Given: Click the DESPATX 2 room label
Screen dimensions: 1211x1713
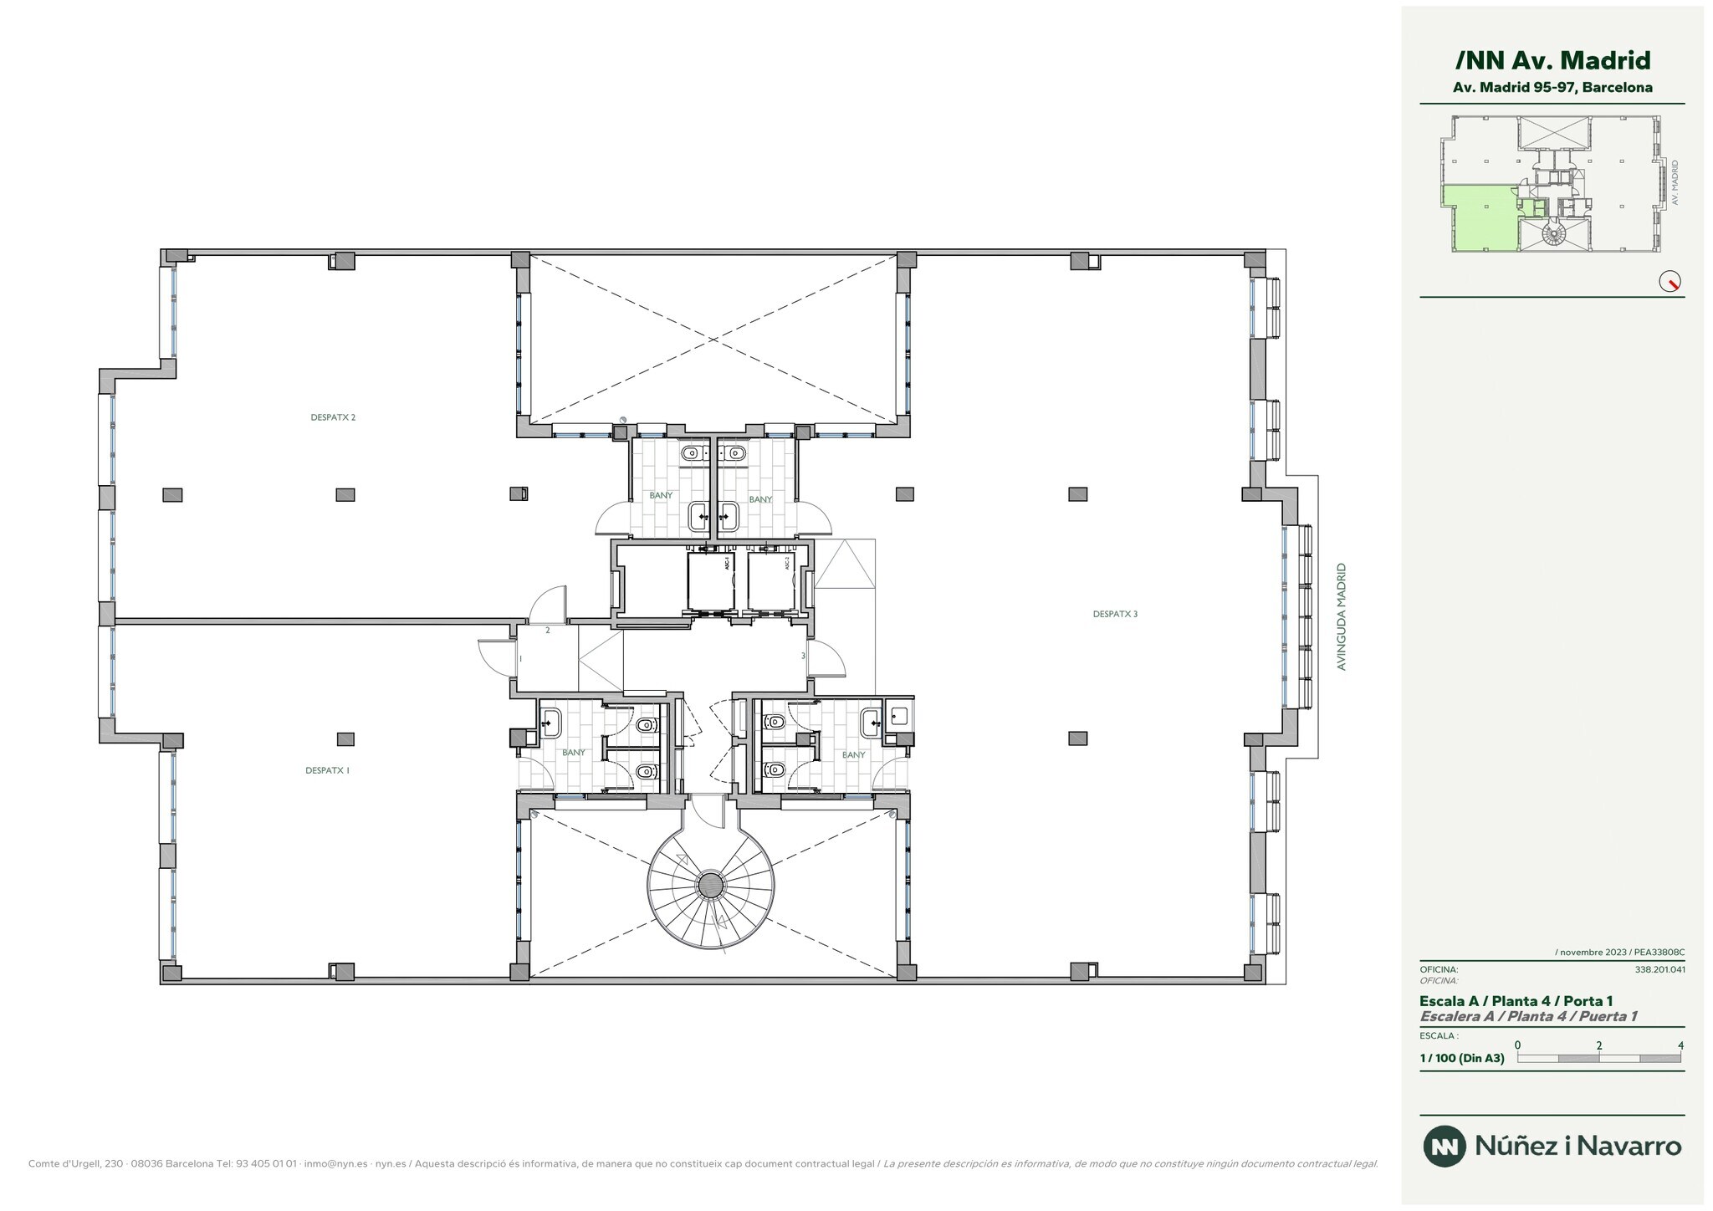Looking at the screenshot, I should [333, 417].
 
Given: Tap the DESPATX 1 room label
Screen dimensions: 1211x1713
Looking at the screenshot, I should [327, 770].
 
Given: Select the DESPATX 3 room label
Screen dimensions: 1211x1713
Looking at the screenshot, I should [1115, 614].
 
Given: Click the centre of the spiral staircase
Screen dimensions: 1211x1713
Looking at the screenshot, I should [710, 884].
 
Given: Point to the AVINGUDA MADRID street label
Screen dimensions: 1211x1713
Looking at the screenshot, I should [1341, 616].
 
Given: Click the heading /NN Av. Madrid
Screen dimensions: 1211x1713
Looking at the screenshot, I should [1552, 60].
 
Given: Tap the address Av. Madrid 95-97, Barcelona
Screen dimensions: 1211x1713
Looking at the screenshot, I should [1552, 87].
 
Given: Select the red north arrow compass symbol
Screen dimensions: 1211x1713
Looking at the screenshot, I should [1670, 282].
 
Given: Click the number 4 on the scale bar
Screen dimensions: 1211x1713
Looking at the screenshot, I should [1680, 1045].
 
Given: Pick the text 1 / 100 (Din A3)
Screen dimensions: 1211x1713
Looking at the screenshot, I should [1462, 1058].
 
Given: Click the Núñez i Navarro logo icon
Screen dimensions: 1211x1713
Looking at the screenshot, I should [1445, 1146].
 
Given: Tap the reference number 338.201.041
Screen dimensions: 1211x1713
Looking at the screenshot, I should [1659, 970].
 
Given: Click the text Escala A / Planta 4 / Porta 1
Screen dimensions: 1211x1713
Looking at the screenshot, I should [1516, 1001].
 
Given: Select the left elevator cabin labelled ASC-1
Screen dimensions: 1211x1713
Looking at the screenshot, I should [710, 581].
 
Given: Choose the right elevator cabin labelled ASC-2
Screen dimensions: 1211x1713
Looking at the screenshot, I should [770, 581].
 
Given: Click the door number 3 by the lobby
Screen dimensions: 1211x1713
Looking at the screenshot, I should [803, 656].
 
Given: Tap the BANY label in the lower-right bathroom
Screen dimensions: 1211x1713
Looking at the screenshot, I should [853, 754].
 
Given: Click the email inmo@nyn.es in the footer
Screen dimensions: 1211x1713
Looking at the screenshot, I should [335, 1163].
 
